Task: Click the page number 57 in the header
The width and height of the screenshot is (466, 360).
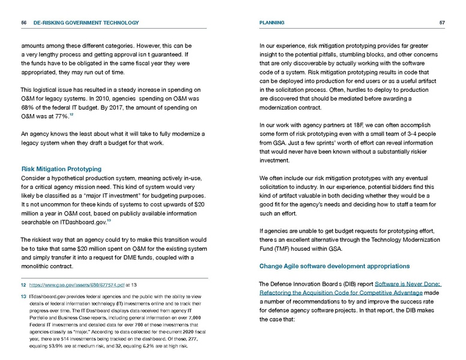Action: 442,23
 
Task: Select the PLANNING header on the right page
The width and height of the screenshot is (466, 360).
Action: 271,23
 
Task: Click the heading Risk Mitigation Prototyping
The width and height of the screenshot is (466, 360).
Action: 61,169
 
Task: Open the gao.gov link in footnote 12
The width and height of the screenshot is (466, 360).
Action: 77,286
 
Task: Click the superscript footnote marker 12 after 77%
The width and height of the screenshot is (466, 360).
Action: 71,113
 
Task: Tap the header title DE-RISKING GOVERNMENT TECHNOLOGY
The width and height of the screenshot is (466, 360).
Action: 86,23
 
